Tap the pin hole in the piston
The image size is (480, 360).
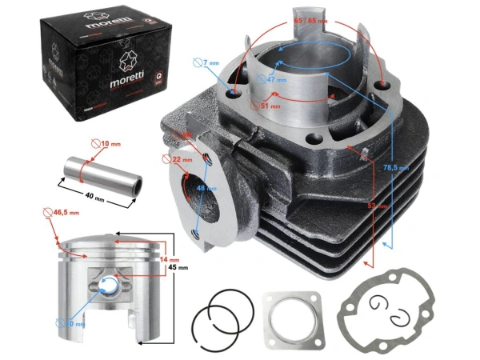[112, 282]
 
